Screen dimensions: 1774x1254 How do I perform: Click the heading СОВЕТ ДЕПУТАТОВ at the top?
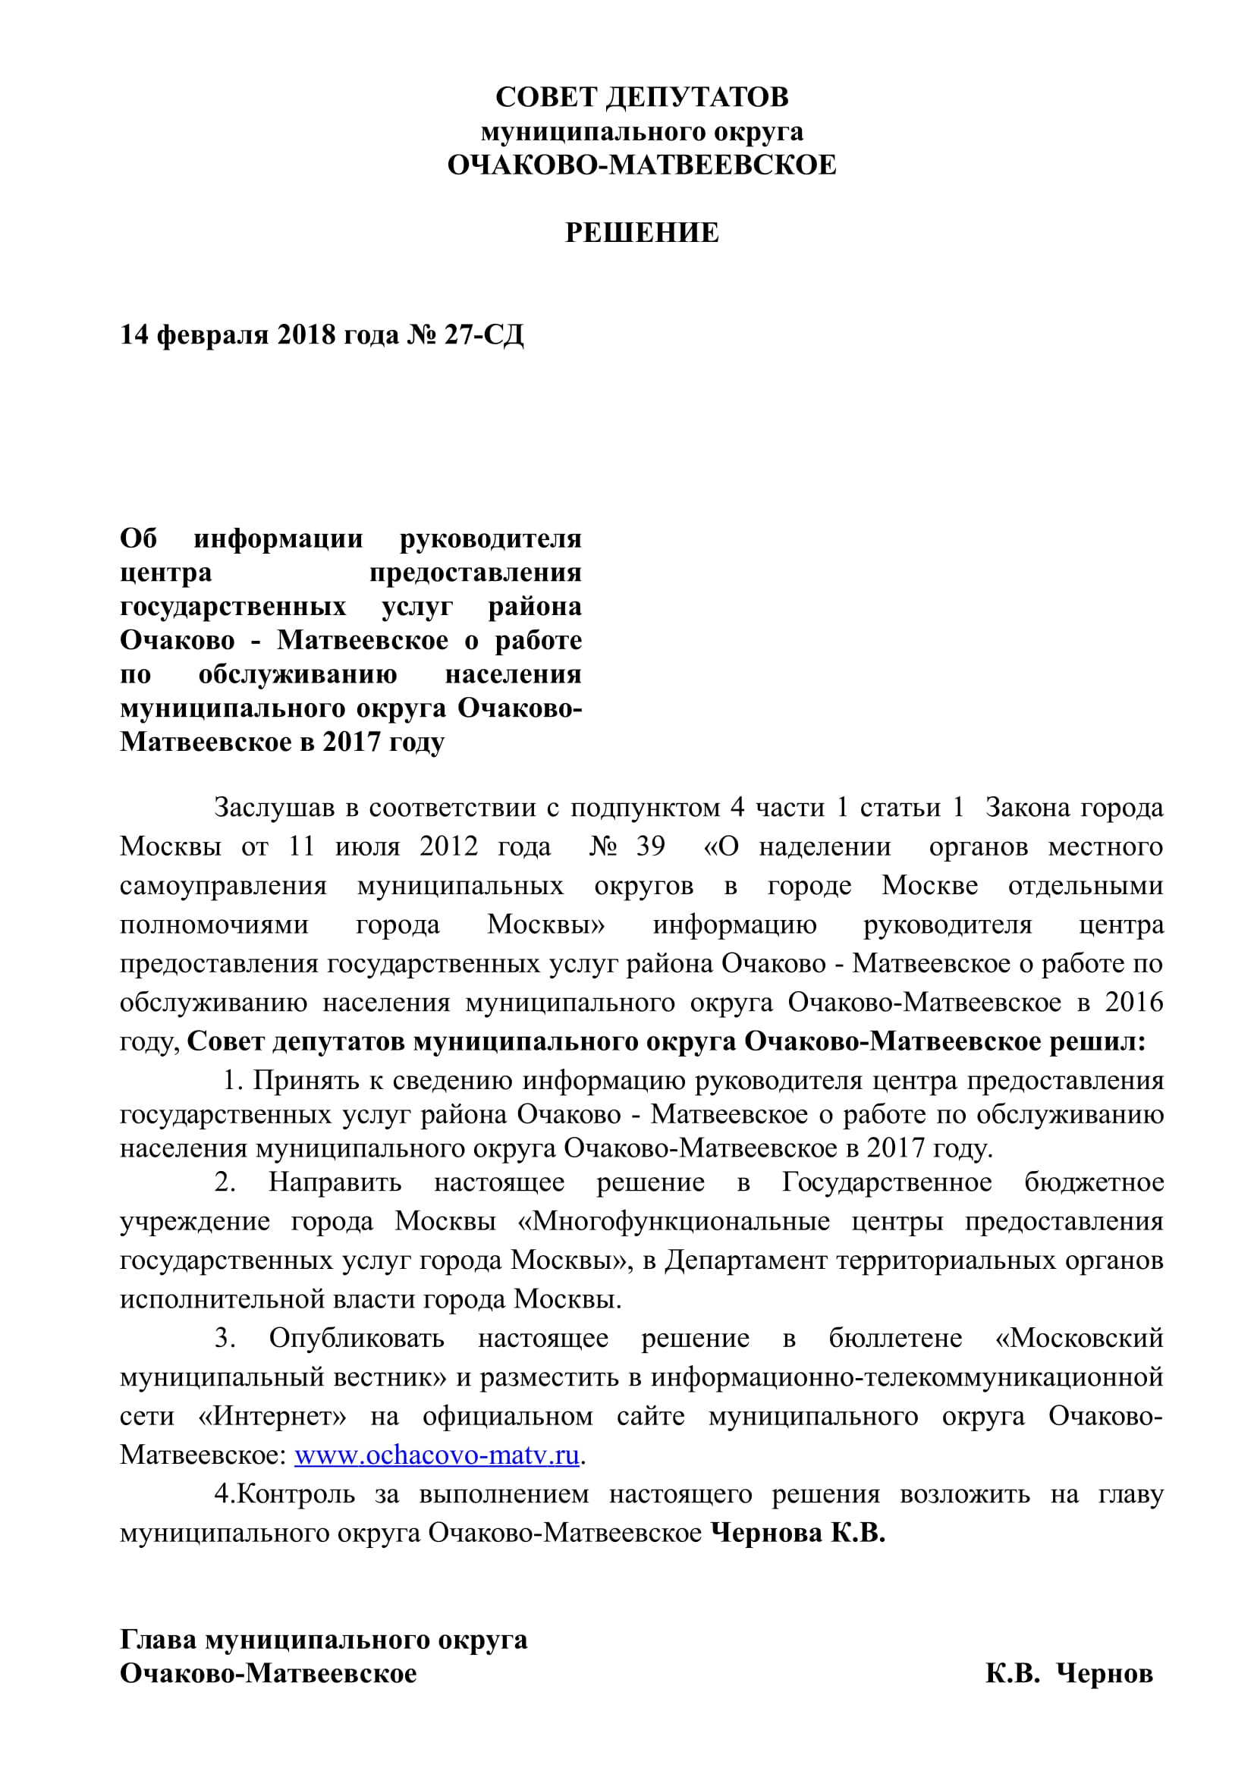click(x=641, y=97)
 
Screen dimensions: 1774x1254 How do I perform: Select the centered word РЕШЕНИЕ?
click(x=641, y=233)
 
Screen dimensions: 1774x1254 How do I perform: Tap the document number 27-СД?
click(x=484, y=334)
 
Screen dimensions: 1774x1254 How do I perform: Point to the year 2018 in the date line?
click(x=306, y=334)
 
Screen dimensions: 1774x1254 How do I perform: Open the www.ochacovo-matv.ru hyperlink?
click(x=436, y=1455)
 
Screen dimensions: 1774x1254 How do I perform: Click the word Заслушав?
click(x=275, y=809)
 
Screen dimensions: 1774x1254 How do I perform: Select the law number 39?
click(x=650, y=847)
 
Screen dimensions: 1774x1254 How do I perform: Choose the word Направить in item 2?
click(x=335, y=1182)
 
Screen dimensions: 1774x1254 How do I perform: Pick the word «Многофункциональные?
click(x=674, y=1222)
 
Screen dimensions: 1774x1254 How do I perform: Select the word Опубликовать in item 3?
click(x=357, y=1338)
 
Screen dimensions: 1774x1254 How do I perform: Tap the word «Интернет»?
click(x=272, y=1416)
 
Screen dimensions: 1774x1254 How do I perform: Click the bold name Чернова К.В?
click(x=797, y=1532)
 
